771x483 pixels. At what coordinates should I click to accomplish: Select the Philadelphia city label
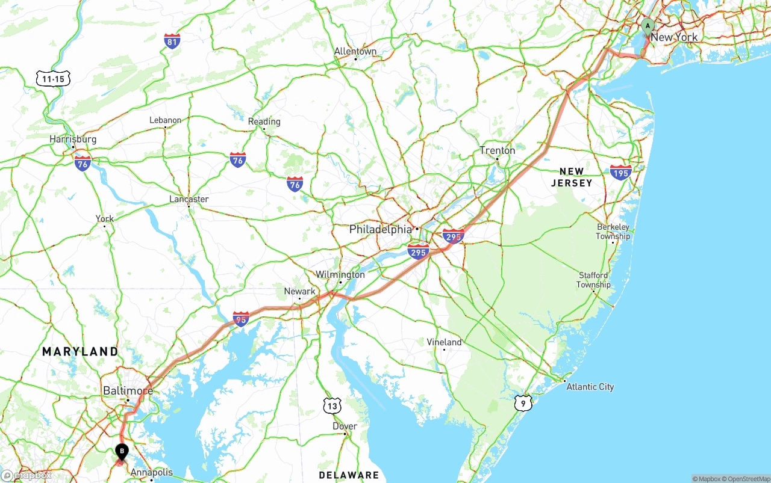[x=380, y=230]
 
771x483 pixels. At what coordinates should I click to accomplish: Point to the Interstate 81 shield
[x=172, y=41]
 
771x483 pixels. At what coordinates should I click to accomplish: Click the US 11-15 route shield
[x=53, y=78]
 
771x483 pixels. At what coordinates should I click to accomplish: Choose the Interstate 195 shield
[x=620, y=172]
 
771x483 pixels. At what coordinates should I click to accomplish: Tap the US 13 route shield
[x=332, y=406]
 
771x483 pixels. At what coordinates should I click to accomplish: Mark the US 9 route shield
[x=523, y=402]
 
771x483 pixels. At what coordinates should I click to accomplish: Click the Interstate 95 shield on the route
[x=241, y=319]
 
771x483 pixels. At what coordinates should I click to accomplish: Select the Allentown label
[x=355, y=51]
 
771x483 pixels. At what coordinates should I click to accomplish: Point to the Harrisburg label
[x=73, y=139]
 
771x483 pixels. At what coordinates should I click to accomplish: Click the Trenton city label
[x=497, y=150]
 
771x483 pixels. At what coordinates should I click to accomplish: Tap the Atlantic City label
[x=590, y=387]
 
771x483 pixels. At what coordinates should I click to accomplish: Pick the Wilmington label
[x=340, y=274]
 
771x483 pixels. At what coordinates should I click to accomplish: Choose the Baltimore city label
[x=128, y=390]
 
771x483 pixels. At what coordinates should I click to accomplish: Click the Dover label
[x=345, y=426]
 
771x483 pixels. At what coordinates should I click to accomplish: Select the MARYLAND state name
[x=80, y=351]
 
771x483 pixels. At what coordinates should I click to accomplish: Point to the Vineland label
[x=444, y=342]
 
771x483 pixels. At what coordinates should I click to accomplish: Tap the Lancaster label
[x=189, y=199]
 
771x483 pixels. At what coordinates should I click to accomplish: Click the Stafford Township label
[x=593, y=280]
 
